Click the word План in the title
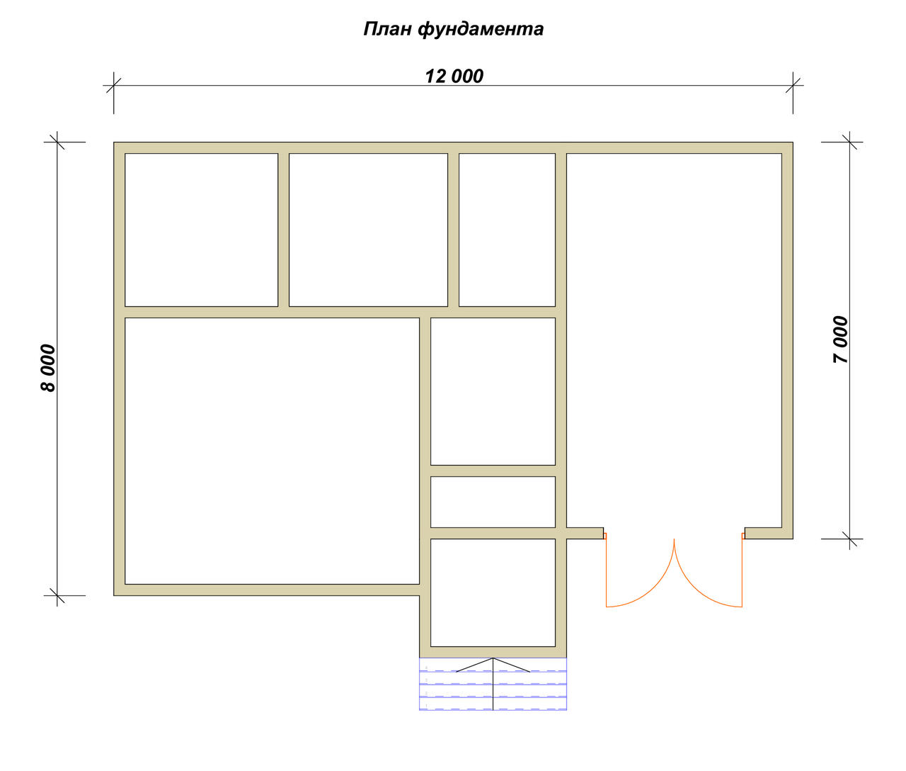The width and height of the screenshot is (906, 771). pos(387,29)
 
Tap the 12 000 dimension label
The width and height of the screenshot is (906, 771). pos(454,77)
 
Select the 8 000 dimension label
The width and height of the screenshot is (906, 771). pos(49,368)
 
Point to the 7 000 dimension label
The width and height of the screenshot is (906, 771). pos(841,339)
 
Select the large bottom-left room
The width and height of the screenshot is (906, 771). pos(273,451)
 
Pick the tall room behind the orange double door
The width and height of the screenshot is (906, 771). pos(674,341)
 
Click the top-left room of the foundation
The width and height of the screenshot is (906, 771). pos(201,230)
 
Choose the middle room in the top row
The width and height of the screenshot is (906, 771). pos(368,230)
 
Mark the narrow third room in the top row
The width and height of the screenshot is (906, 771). pos(507,230)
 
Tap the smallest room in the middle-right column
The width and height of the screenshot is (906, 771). pos(493,502)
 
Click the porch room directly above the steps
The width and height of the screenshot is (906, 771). pos(493,593)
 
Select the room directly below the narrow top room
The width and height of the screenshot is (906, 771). pos(493,391)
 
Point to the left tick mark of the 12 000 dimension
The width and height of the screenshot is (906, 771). pos(114,86)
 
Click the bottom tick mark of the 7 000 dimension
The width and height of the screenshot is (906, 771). pos(850,539)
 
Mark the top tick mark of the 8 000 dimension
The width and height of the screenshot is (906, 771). pos(57,142)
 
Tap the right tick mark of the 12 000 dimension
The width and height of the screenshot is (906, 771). pos(793,86)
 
